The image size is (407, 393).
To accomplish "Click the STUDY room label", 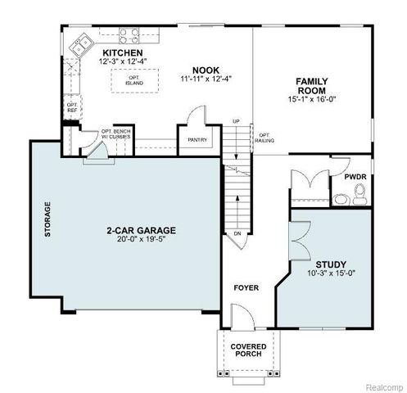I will [332, 264].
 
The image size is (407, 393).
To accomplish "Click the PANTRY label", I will [197, 140].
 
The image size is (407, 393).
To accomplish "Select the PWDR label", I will [355, 177].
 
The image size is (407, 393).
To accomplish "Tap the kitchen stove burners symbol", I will [129, 35].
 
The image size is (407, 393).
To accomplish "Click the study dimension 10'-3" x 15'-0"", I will [332, 273].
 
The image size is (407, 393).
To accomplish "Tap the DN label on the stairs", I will [237, 233].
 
